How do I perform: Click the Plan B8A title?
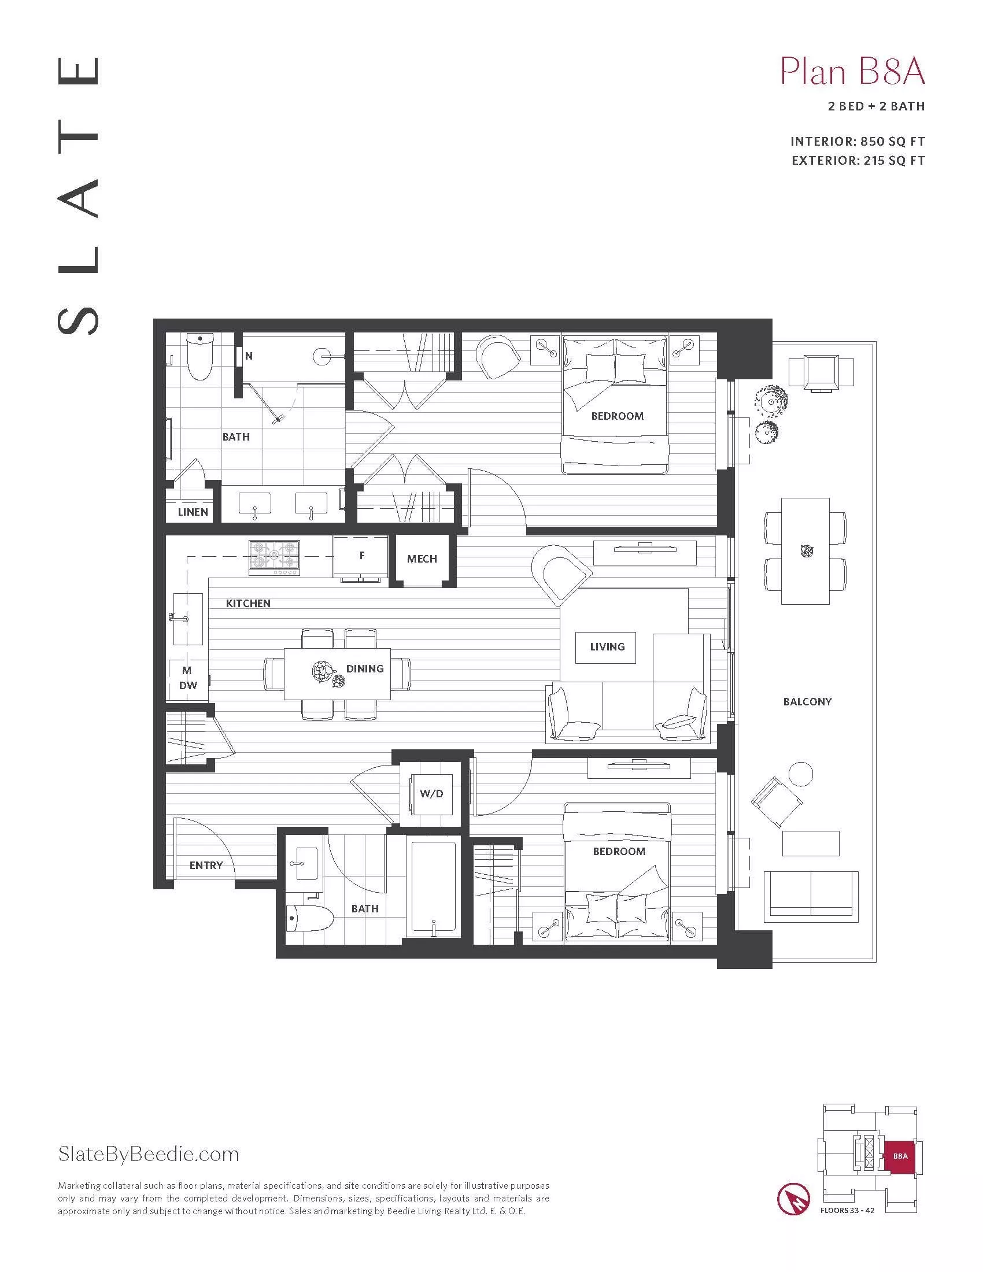(852, 73)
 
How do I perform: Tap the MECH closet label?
(422, 559)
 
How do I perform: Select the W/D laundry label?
(431, 794)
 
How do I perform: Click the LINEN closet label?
(193, 512)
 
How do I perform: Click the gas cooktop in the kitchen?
(274, 557)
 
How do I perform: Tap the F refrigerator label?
(361, 555)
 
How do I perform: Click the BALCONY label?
(807, 702)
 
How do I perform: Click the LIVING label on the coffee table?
(607, 647)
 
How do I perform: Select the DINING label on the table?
(364, 668)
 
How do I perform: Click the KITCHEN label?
(248, 604)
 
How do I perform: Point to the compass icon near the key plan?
(794, 1198)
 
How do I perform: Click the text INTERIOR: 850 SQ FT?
(857, 142)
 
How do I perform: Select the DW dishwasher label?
(187, 686)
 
